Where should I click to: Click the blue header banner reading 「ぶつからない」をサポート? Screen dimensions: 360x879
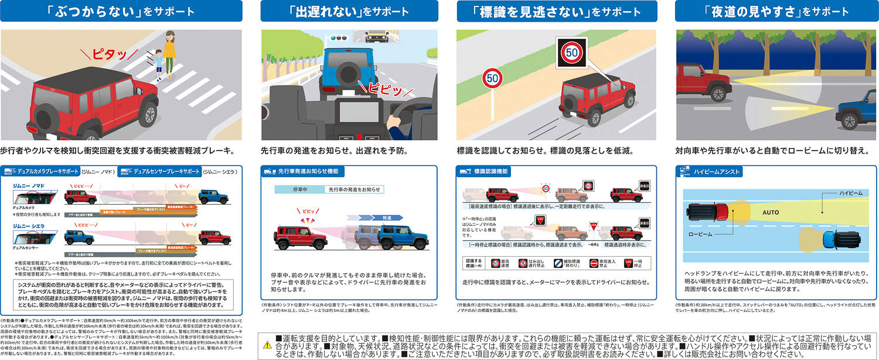[x=121, y=11]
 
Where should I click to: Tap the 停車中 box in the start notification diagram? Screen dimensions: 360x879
[x=299, y=190]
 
